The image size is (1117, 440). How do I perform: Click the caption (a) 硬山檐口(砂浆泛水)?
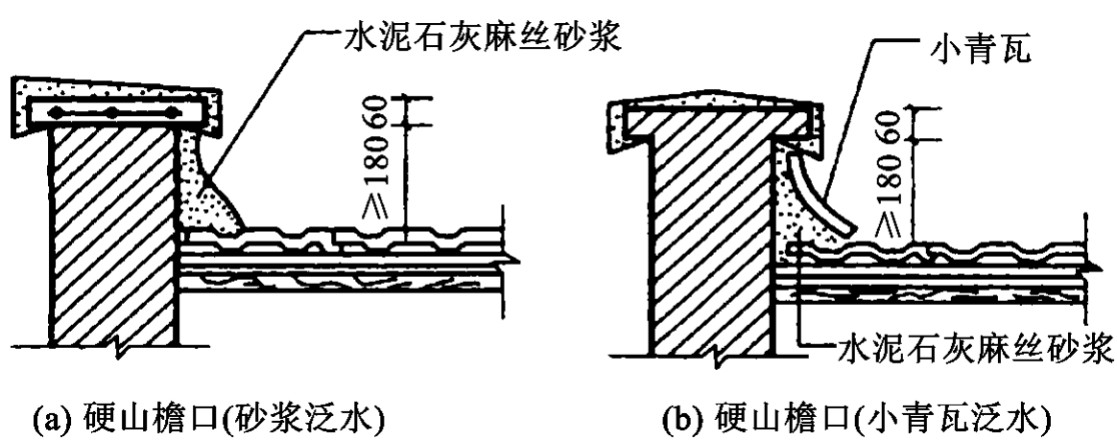click(198, 417)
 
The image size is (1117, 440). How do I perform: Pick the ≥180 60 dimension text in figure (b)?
click(891, 173)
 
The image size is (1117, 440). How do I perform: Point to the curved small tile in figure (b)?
click(818, 197)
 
